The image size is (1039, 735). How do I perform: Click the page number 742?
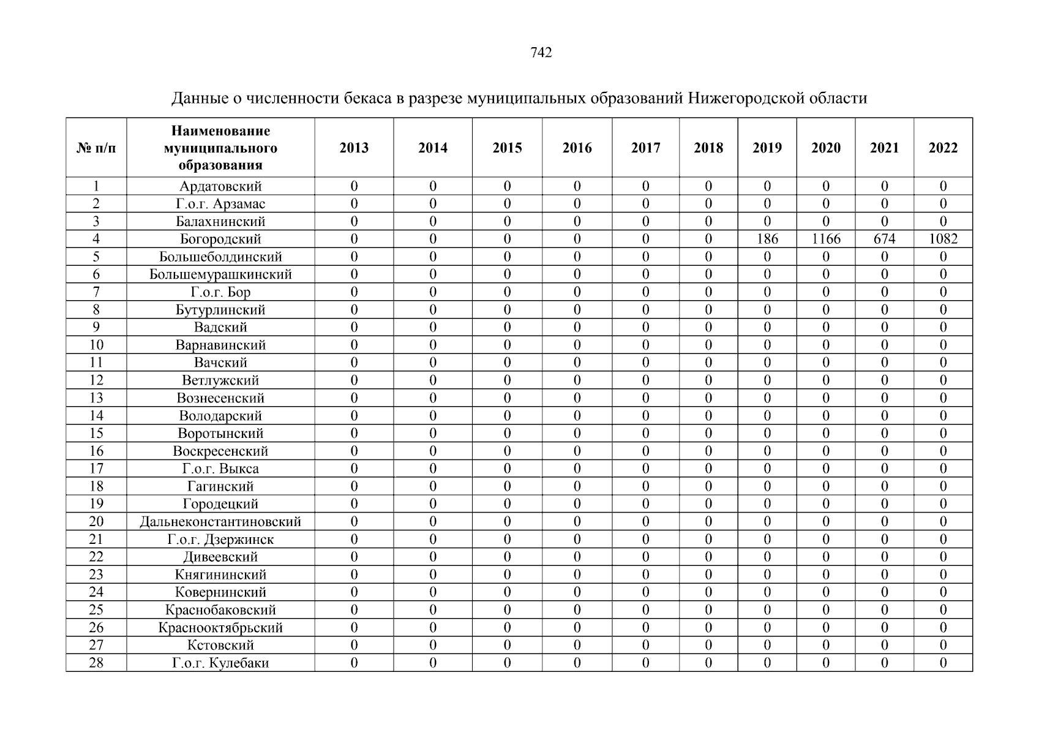click(x=541, y=53)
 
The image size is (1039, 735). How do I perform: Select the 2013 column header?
click(x=354, y=148)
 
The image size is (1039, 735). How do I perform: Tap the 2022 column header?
click(x=943, y=148)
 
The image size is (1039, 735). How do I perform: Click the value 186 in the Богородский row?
click(x=767, y=239)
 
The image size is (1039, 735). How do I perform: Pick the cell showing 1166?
click(x=825, y=239)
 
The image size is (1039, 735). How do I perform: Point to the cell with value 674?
click(x=884, y=239)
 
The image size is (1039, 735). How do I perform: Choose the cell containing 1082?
click(x=943, y=239)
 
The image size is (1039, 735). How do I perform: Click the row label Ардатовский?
click(x=220, y=186)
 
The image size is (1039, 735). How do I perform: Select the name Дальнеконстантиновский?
click(x=220, y=522)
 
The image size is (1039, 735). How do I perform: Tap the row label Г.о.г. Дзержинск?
click(x=220, y=540)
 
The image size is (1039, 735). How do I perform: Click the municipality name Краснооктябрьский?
click(x=220, y=628)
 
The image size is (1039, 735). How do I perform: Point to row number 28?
click(x=96, y=663)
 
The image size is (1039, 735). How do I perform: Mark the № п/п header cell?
click(x=96, y=148)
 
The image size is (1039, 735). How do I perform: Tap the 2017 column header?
click(x=645, y=148)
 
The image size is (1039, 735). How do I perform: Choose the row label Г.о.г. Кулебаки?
click(x=220, y=663)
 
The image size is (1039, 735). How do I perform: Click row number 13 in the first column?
click(x=96, y=398)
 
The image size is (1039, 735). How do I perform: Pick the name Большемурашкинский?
click(x=220, y=274)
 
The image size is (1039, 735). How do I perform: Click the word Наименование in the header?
click(x=220, y=131)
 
